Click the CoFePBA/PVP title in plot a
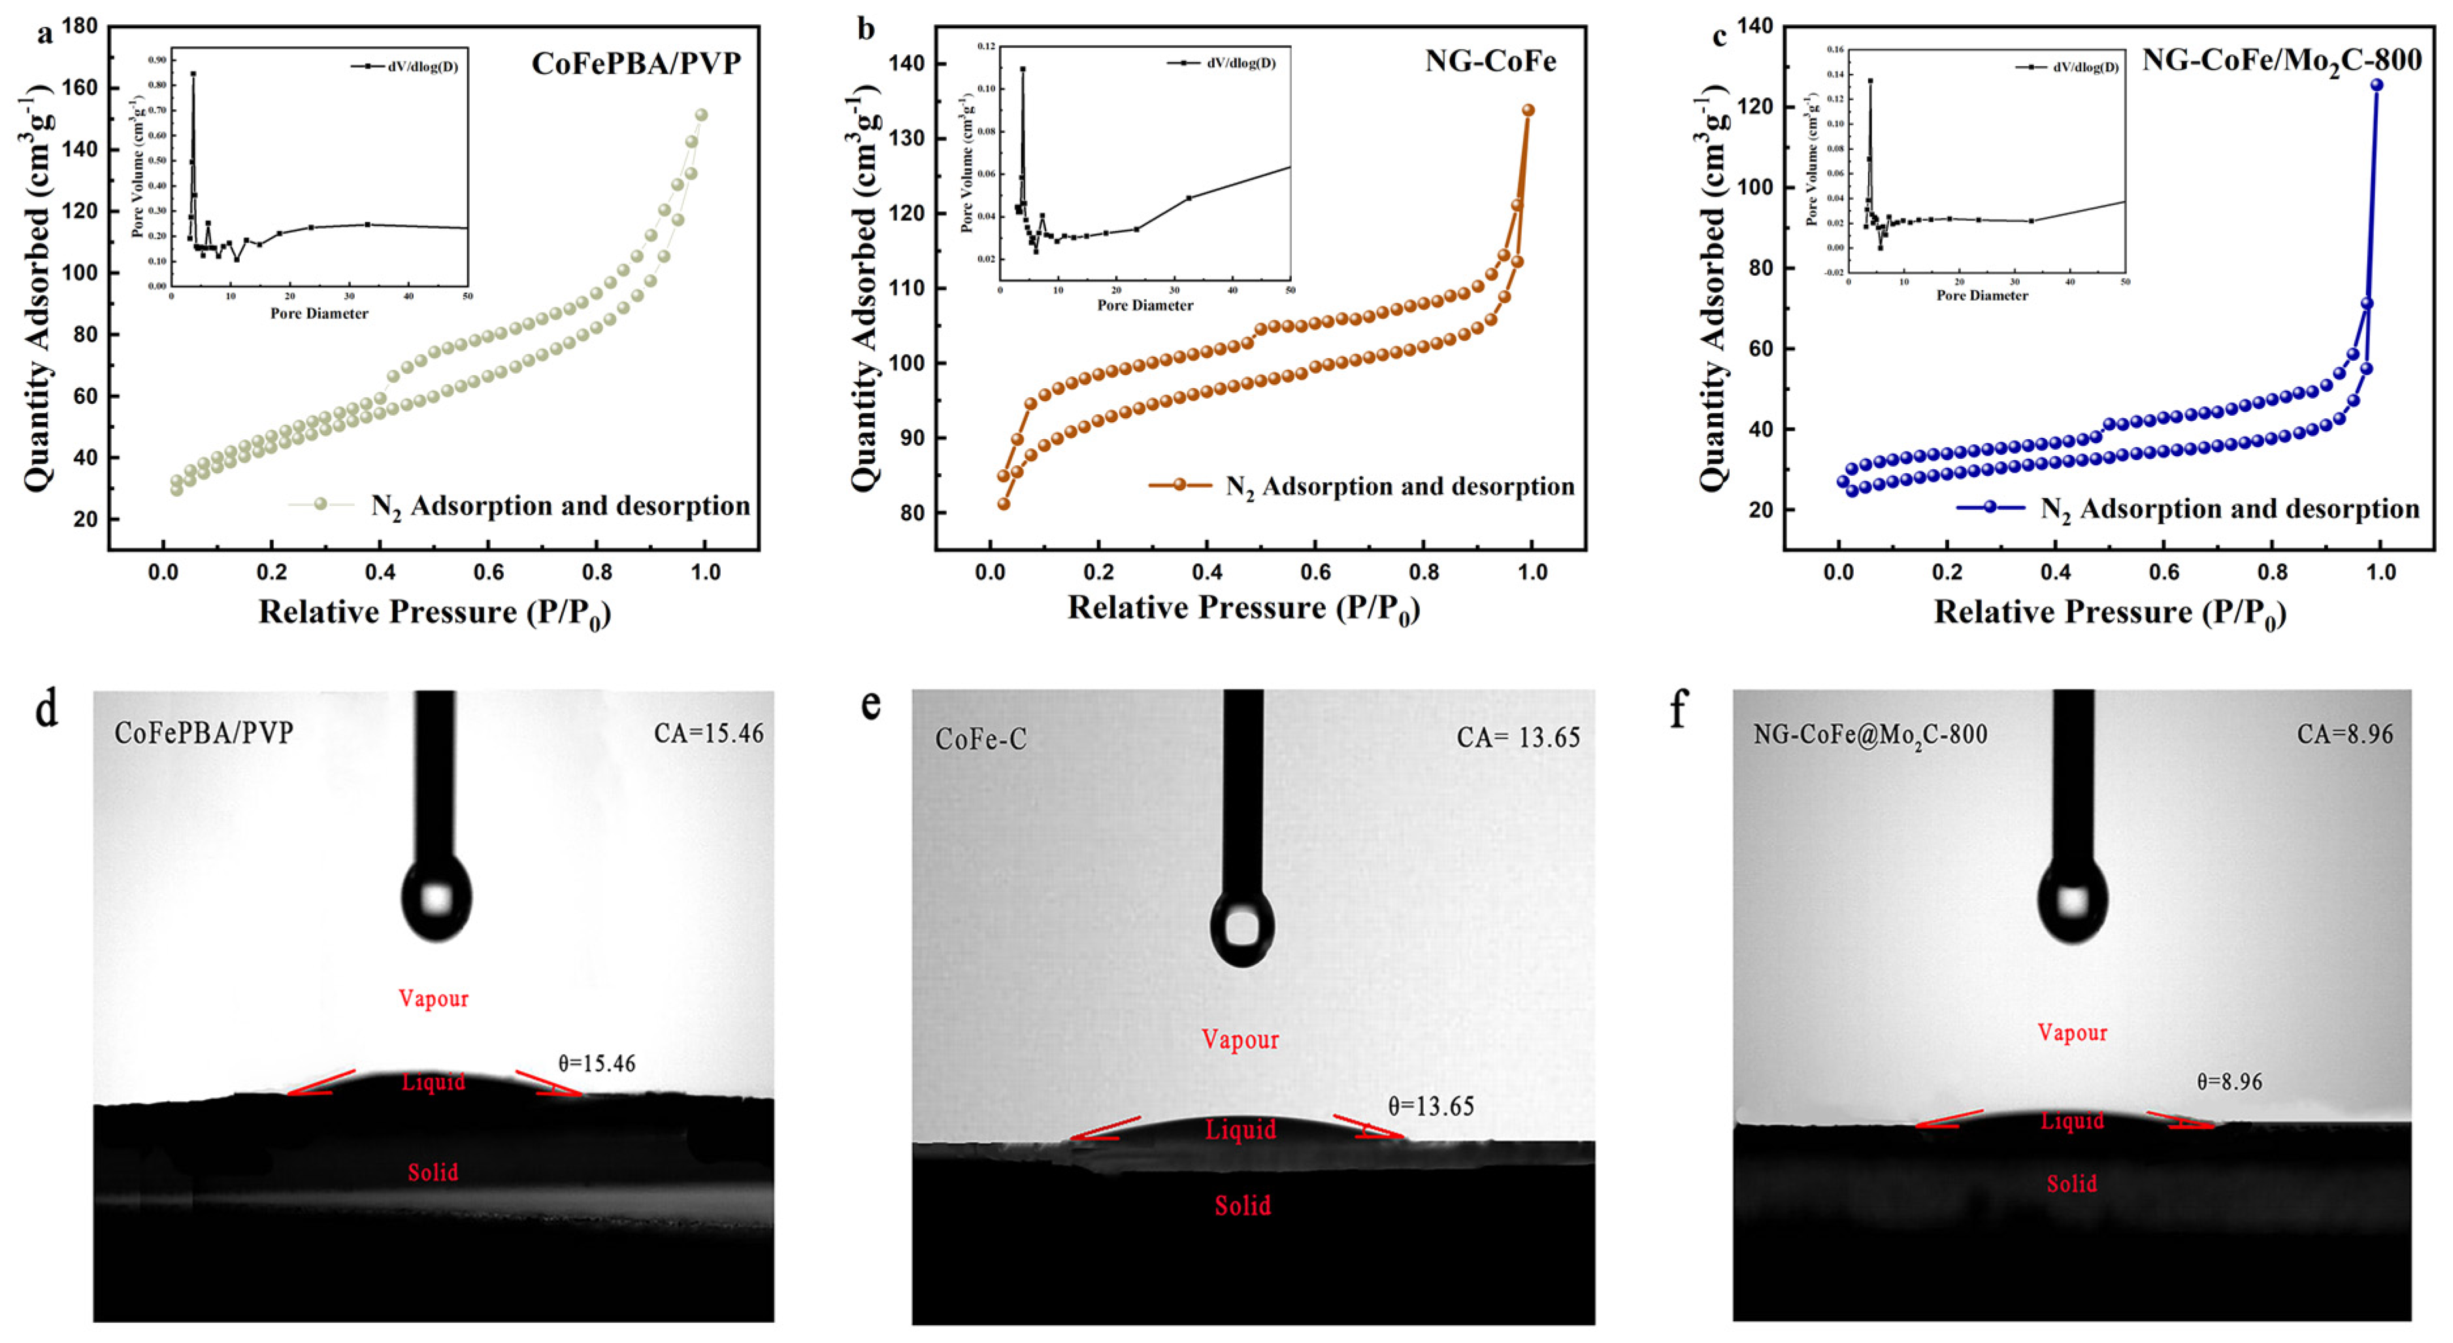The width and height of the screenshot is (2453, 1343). pos(635,64)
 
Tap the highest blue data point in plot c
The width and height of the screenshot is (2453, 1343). pos(2376,85)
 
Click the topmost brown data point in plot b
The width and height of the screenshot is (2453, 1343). pos(1528,110)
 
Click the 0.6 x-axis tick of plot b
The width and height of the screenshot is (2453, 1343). pos(1315,572)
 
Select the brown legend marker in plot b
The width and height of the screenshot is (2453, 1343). pos(1179,485)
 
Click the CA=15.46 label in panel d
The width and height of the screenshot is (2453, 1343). pos(708,733)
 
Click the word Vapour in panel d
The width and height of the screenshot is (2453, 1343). pos(433,998)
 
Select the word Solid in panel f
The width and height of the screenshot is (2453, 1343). pos(2072,1184)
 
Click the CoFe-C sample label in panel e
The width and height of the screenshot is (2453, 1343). pos(981,739)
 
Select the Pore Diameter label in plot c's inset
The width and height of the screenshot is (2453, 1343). pos(1982,295)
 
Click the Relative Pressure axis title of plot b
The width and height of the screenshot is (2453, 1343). pos(1243,608)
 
